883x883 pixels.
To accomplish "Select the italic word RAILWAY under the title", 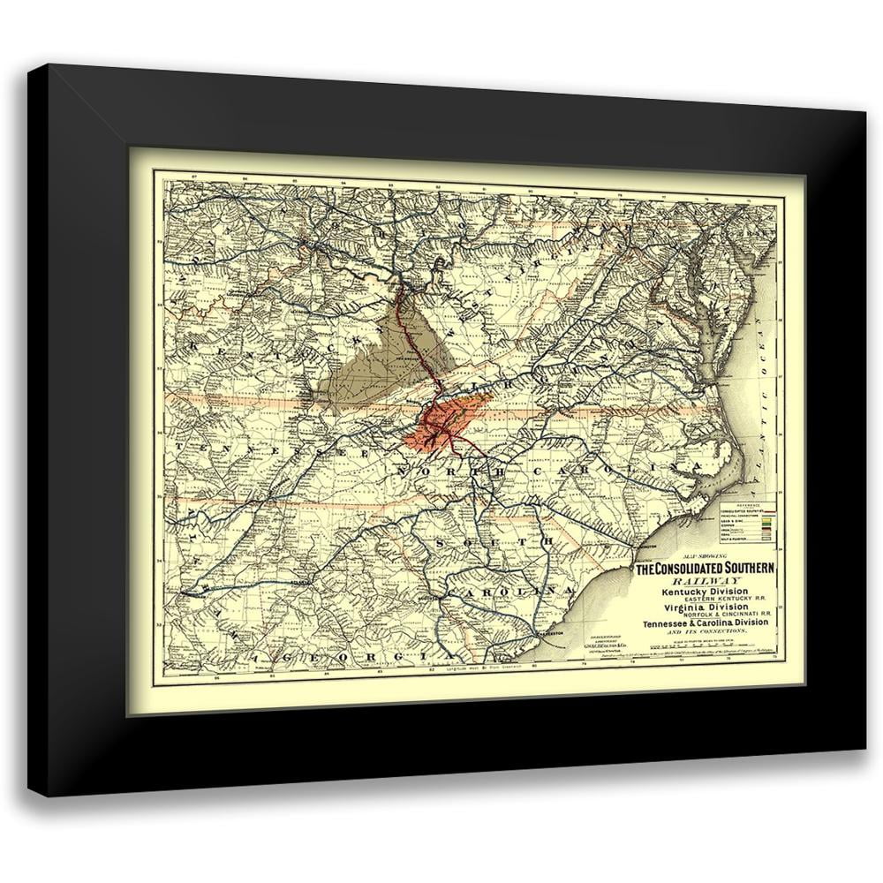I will [x=705, y=581].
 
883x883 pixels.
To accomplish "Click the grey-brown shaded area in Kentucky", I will [x=371, y=362].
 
